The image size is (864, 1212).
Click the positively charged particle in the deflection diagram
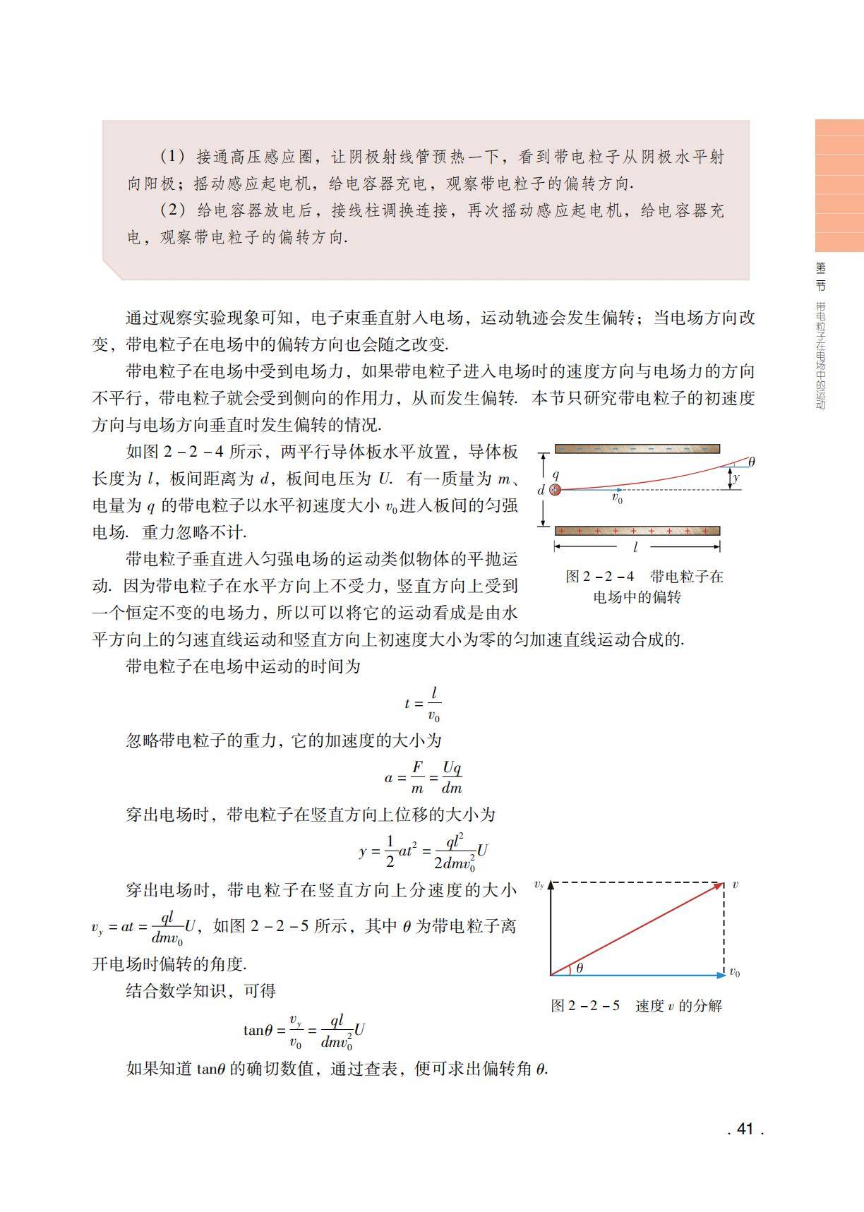click(x=556, y=489)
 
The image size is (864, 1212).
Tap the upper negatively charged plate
click(x=637, y=448)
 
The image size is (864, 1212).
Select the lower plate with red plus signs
click(x=637, y=531)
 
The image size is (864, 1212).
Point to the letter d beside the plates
click(x=541, y=490)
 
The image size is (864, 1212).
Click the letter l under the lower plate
click(x=635, y=547)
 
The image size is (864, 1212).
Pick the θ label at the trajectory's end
click(x=751, y=462)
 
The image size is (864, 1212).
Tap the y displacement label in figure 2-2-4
click(x=736, y=478)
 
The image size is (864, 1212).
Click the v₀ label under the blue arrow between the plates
click(x=617, y=499)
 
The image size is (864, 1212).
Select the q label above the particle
click(x=556, y=475)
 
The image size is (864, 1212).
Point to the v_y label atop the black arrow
click(x=539, y=884)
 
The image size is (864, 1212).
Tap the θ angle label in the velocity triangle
click(x=580, y=968)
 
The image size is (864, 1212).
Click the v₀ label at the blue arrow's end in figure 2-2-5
click(x=734, y=973)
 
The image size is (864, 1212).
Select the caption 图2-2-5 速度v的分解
click(x=636, y=1006)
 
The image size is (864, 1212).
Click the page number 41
click(x=745, y=1129)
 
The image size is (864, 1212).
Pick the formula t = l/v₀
click(x=424, y=702)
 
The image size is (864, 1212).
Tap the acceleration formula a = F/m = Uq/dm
click(x=424, y=777)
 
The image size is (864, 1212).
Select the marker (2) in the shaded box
click(x=172, y=210)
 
